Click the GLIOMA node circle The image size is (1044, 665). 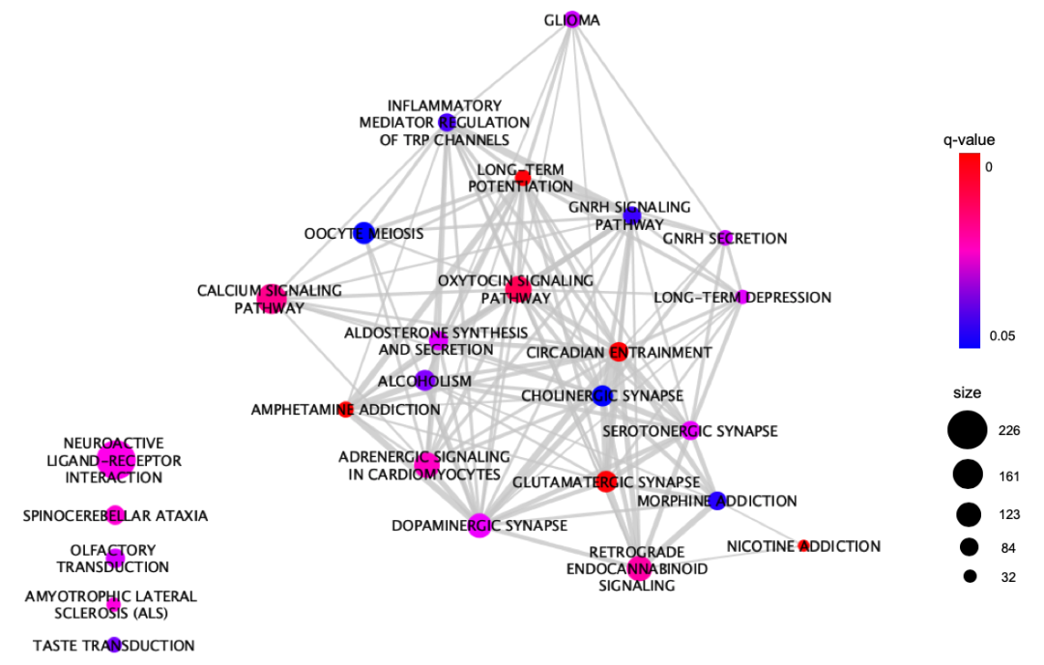[572, 19]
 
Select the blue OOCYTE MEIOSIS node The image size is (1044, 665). [363, 233]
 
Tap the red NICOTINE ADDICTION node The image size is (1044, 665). [803, 546]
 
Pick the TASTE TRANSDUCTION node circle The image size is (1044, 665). [114, 645]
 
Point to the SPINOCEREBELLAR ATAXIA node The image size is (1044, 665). [115, 515]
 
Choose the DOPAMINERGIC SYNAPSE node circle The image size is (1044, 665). [479, 525]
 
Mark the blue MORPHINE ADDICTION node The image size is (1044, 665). [716, 501]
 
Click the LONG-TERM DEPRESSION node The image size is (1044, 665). [743, 297]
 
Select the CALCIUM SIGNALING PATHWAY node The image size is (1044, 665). [271, 298]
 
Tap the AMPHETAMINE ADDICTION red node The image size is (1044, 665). [346, 409]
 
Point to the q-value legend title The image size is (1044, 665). [969, 140]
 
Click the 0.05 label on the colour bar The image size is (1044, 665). [1002, 337]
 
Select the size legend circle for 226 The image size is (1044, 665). [968, 431]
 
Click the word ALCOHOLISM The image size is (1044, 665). [438, 381]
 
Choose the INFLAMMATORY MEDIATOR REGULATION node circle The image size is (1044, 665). [446, 122]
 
